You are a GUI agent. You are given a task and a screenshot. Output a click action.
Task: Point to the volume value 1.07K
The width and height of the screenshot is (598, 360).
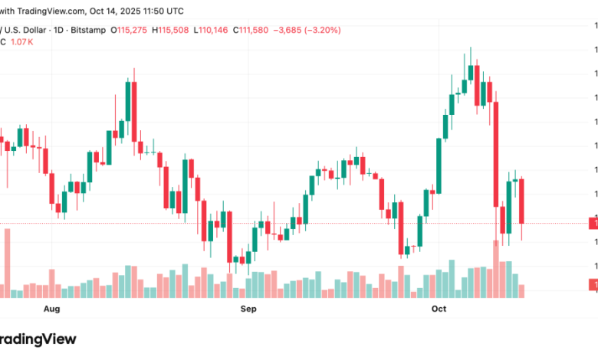(21, 41)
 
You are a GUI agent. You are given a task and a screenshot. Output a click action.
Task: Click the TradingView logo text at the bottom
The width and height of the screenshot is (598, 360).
(38, 338)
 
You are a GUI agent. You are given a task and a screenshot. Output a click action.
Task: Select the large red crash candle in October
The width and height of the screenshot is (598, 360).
(496, 153)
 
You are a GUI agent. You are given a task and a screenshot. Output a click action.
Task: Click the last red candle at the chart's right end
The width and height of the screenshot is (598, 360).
(522, 201)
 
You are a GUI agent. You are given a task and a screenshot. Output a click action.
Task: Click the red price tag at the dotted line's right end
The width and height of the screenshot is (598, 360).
(593, 223)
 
